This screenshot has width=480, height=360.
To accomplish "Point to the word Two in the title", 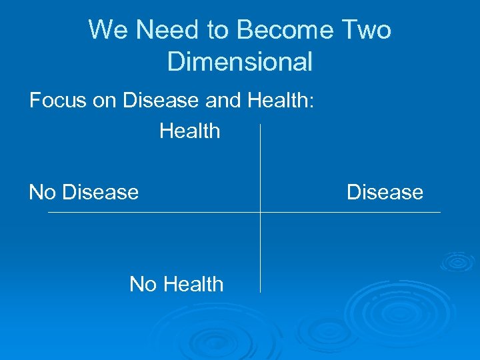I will click(x=367, y=30).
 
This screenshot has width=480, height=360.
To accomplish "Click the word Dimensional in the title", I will click(x=240, y=61).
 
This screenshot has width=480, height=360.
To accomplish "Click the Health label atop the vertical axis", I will click(x=189, y=131).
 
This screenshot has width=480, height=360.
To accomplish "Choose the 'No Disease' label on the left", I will click(x=84, y=193).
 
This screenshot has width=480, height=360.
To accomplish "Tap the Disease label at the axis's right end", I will click(x=385, y=193).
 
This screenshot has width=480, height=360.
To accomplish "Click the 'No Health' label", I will click(x=176, y=285).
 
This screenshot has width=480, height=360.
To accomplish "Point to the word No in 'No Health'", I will click(x=142, y=285).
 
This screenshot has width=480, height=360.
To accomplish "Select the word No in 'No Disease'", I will click(x=42, y=193).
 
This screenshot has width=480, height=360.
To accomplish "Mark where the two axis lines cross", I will click(x=260, y=213).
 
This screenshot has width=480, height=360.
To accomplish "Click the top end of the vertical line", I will click(x=260, y=124).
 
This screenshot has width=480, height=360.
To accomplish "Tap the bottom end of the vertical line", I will click(x=260, y=292).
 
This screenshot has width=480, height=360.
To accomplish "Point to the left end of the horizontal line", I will click(x=49, y=213).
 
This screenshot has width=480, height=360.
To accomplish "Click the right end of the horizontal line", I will click(x=440, y=213).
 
